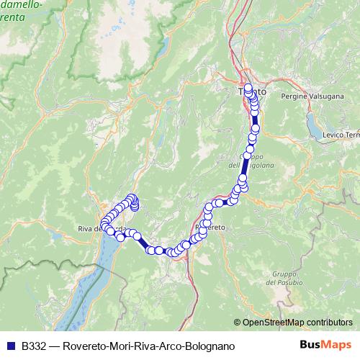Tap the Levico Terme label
coord(342,135)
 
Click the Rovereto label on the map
coord(211,227)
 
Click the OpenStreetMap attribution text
coord(297,323)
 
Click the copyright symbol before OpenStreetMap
coord(238,323)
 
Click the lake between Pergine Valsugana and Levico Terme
coord(315,125)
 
